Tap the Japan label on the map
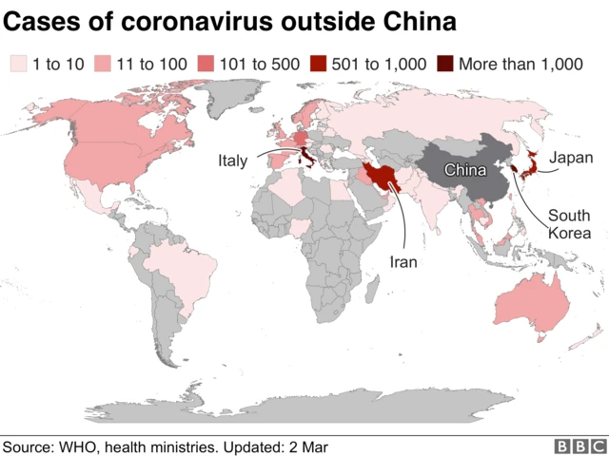[571, 158]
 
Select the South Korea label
[569, 223]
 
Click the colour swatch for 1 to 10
[17, 65]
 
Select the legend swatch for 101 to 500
[206, 65]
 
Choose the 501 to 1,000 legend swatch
[318, 65]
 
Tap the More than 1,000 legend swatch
[444, 65]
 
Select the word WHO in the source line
[79, 446]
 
